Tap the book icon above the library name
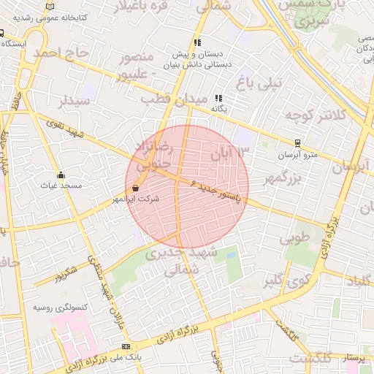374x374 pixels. click(x=50, y=6)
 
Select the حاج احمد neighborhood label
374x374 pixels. click(x=65, y=53)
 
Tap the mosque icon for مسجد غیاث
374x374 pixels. click(x=60, y=175)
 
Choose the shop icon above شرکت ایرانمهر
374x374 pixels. click(x=137, y=188)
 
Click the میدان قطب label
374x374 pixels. click(x=166, y=97)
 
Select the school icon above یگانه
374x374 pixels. click(x=218, y=98)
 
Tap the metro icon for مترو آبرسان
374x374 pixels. click(x=297, y=143)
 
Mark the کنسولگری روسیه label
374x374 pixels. click(x=60, y=308)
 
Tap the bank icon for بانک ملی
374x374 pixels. click(x=126, y=346)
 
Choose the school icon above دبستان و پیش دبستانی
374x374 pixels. click(x=197, y=42)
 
